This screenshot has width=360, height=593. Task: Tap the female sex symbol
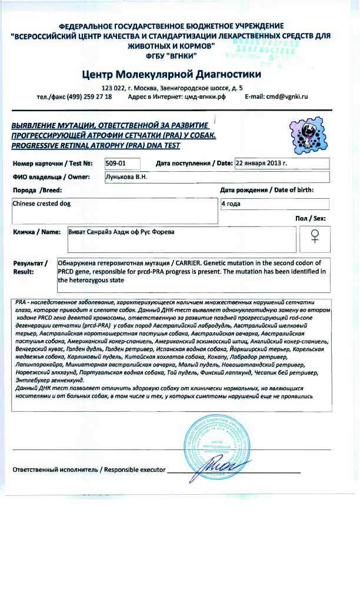pos(315,236)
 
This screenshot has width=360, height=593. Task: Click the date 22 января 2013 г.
pos(261,163)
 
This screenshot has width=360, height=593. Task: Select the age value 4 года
pos(231,204)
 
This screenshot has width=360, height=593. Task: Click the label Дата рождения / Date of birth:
pos(266,190)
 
